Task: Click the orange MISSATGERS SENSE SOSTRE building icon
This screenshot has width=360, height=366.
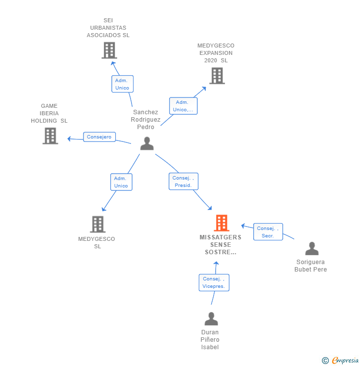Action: click(x=222, y=223)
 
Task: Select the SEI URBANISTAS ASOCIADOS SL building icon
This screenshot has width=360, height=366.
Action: click(x=109, y=50)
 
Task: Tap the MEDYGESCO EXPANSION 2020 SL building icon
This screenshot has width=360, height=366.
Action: click(x=217, y=76)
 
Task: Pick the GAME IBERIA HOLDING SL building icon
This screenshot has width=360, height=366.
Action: click(x=50, y=136)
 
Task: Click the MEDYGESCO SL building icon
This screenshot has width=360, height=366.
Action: click(x=97, y=224)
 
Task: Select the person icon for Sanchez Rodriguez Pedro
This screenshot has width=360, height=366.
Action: click(x=147, y=143)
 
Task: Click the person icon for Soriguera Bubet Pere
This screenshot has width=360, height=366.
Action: click(x=312, y=248)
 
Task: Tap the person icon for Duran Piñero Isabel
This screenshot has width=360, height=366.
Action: click(x=211, y=319)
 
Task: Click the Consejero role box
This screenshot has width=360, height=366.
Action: click(x=99, y=137)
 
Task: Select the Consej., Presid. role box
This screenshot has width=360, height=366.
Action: click(x=184, y=182)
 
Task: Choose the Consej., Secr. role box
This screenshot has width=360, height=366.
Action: click(x=269, y=232)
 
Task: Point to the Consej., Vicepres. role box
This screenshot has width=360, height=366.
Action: click(x=214, y=282)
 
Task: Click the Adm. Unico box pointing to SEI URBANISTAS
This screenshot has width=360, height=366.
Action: click(x=122, y=84)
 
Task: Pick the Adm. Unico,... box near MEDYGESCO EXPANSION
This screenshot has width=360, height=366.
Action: click(x=183, y=106)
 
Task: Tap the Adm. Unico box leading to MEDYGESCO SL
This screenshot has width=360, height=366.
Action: click(x=121, y=182)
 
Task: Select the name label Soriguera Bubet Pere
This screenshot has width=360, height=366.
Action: click(x=311, y=266)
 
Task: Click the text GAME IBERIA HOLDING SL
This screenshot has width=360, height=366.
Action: click(x=49, y=113)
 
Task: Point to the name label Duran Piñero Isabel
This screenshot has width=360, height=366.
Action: click(x=210, y=339)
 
